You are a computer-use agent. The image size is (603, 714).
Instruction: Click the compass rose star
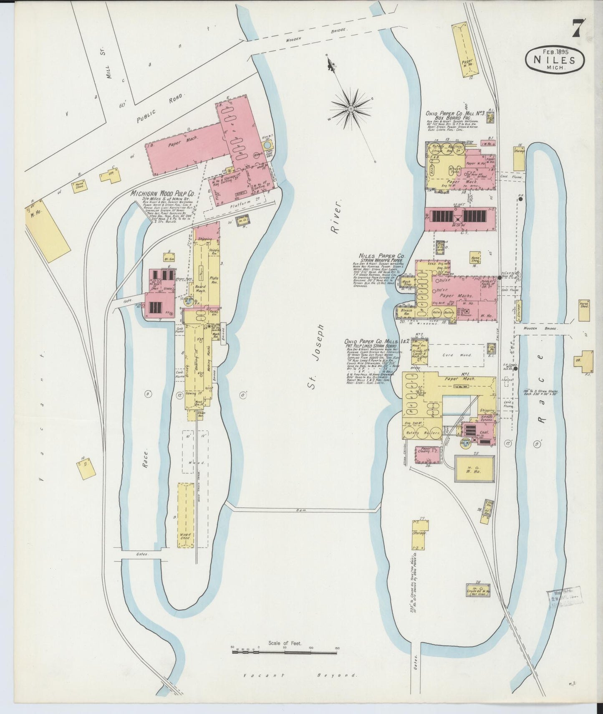351,109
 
